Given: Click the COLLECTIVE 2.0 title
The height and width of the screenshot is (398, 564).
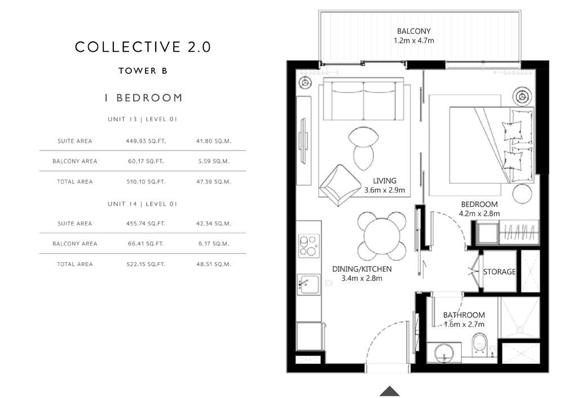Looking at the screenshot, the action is coord(143,47).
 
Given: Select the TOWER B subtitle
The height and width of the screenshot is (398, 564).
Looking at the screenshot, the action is coord(143,71).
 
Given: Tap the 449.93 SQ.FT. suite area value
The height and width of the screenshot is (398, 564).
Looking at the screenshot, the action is coord(146,141).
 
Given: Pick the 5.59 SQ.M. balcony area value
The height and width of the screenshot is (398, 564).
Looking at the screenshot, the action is coord(213,161).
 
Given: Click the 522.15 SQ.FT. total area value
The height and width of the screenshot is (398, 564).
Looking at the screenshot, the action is coord(146,264).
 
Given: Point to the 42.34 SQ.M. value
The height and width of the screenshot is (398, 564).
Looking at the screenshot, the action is coord(213,224).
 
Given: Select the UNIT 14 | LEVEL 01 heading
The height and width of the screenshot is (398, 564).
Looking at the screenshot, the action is coord(143,204).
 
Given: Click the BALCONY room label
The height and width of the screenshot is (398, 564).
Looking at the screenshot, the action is coord(413,31).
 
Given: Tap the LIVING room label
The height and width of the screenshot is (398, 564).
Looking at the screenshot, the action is coord(385,181).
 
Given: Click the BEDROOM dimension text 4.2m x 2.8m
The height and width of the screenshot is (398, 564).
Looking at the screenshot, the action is coord(479,214).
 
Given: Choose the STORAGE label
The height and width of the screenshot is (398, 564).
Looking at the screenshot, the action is coord(499,272).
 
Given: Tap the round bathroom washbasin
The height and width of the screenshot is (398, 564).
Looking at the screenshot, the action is coord(444,353).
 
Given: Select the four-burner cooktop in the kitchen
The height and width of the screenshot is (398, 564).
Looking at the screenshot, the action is coord(309,246).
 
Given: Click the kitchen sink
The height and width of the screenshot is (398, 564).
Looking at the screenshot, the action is coord(309,284).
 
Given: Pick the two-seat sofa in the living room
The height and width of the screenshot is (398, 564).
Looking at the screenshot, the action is coord(363,99).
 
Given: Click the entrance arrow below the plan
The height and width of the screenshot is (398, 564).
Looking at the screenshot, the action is coord(390,391).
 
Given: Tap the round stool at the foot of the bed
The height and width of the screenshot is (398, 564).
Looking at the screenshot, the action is coord(522,194).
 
